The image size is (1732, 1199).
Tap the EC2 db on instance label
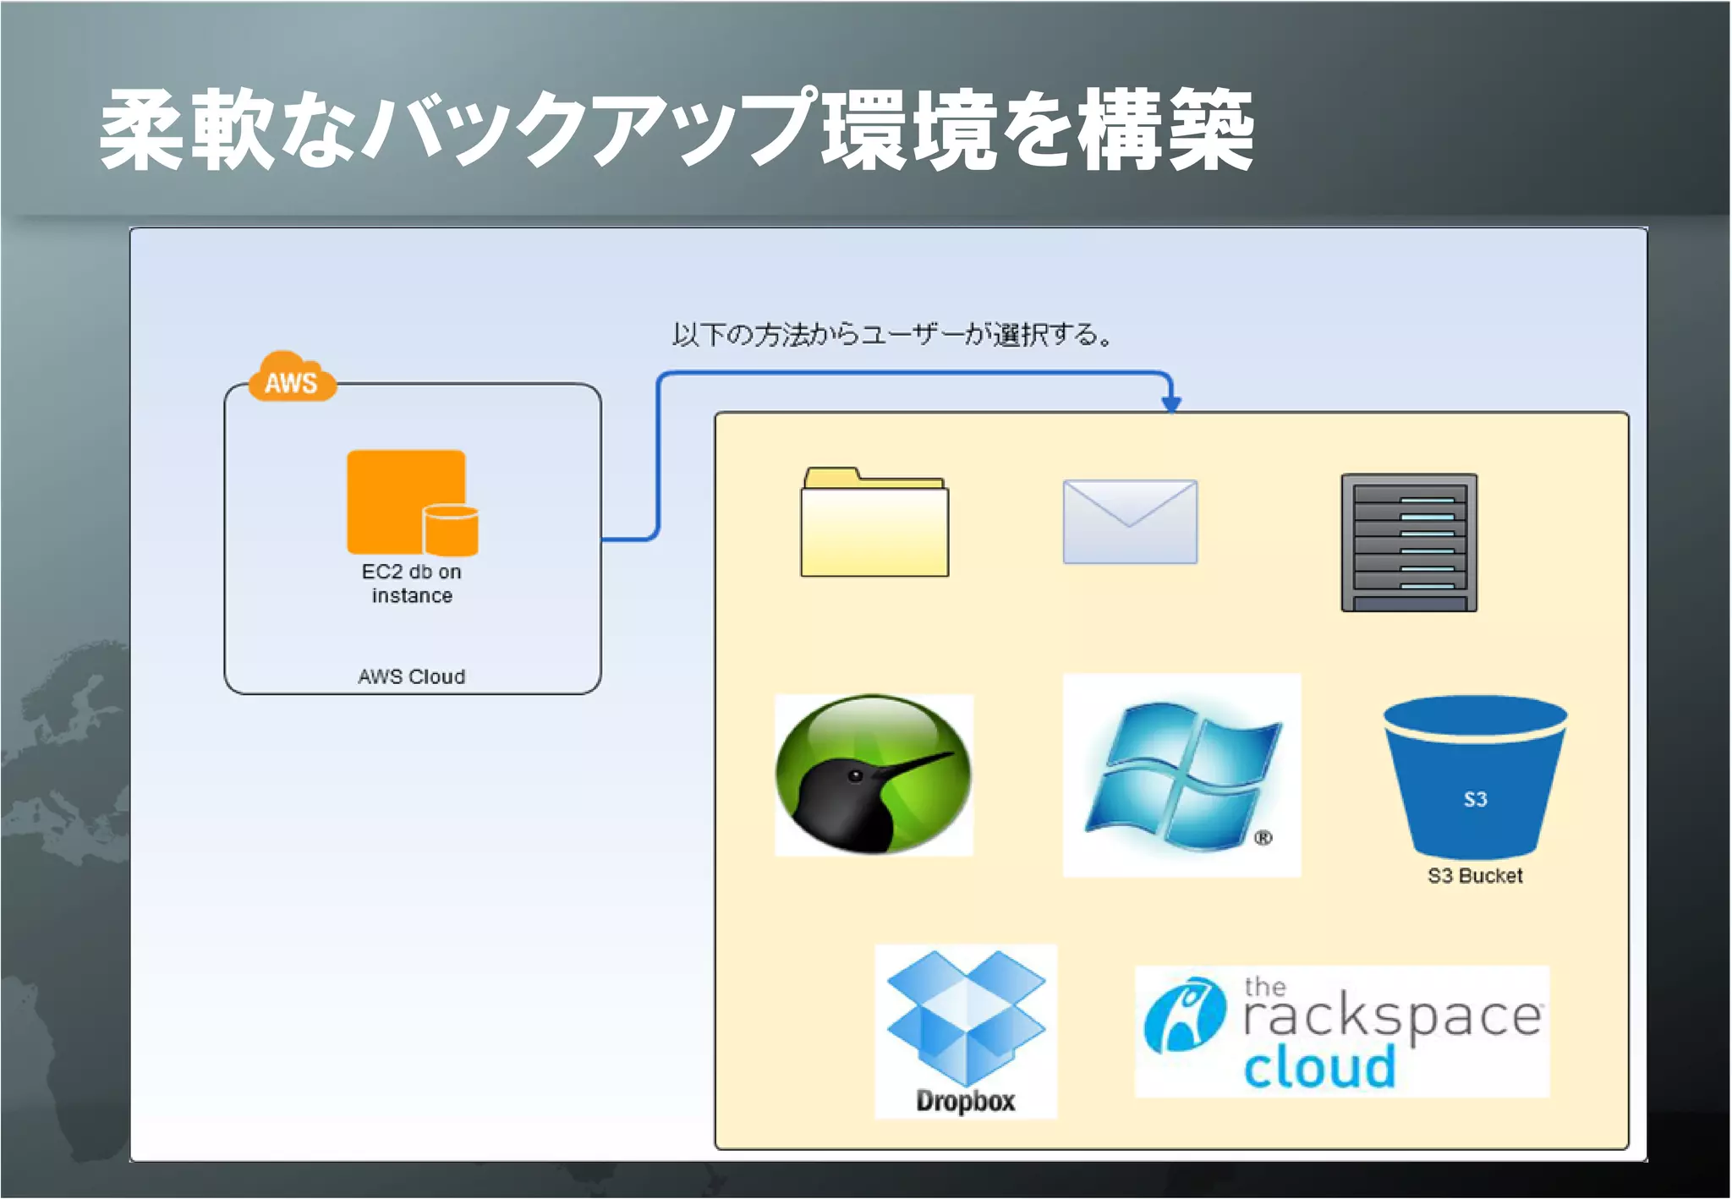coord(412,583)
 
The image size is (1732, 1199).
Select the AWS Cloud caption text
coord(411,676)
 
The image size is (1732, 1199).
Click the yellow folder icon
coord(874,524)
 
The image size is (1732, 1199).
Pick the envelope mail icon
coord(1130,522)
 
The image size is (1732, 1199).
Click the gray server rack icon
coord(1409,542)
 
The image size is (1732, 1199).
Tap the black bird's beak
coord(918,764)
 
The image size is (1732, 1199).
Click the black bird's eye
coord(856,775)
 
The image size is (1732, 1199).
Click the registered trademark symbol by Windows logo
coord(1263,838)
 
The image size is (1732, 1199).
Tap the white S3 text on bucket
coord(1475,799)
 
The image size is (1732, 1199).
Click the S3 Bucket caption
coord(1475,876)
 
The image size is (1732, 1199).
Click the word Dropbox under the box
coord(965,1101)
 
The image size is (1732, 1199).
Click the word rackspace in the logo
coord(1392,1018)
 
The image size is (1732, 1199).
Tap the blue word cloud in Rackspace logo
coord(1319,1068)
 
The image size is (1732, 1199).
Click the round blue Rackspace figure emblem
coord(1184,1015)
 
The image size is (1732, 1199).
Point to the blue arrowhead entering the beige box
coord(1170,403)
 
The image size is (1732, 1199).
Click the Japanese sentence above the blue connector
coord(891,335)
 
